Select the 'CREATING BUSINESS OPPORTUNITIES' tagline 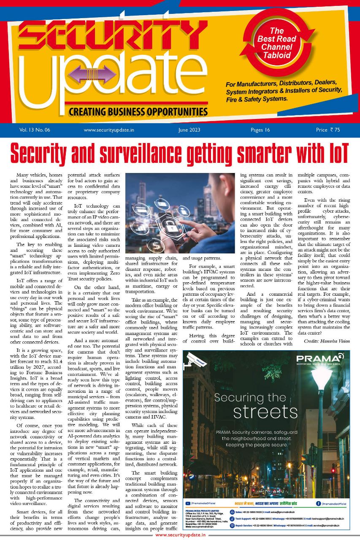[x=138, y=112]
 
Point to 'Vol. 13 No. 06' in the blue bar [x=35, y=130]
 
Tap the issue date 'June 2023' [x=189, y=130]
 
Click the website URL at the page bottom [x=180, y=535]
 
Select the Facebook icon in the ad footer [x=318, y=503]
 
